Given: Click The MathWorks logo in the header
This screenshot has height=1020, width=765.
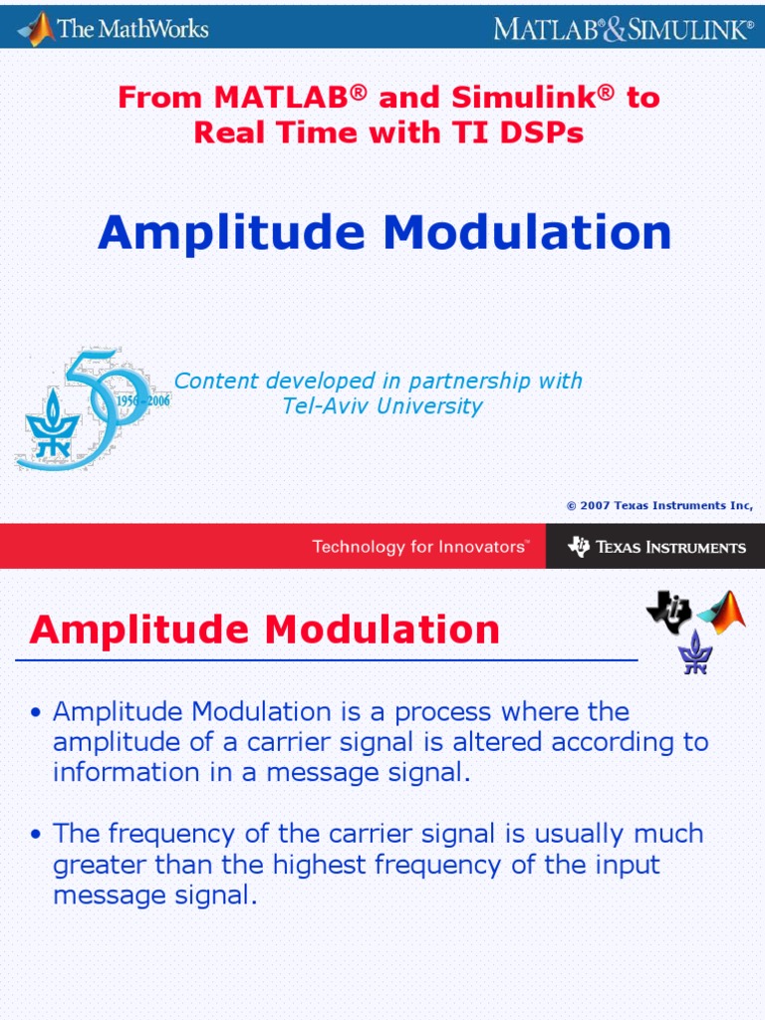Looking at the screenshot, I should click(x=114, y=27).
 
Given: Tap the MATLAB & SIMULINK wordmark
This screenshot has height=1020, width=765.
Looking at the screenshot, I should click(x=624, y=28).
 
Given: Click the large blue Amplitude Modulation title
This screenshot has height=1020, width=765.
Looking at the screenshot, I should click(x=384, y=233).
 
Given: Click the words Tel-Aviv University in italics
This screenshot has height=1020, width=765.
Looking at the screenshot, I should click(x=382, y=406).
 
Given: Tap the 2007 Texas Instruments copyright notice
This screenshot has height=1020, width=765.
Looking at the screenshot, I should click(x=658, y=506).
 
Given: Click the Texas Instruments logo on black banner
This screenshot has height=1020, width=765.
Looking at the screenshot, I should click(x=656, y=547).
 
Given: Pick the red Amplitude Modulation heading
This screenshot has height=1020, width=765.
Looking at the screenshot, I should click(x=265, y=630).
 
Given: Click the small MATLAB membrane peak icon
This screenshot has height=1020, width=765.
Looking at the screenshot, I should click(x=722, y=614).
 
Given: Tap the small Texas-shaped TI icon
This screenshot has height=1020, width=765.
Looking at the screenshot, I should click(x=668, y=610).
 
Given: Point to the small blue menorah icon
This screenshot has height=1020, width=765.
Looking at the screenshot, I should click(x=695, y=653).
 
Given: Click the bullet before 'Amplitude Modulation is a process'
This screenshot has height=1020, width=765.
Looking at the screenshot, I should click(x=37, y=713).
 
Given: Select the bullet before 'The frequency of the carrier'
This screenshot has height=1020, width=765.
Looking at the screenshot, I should click(x=37, y=835).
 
